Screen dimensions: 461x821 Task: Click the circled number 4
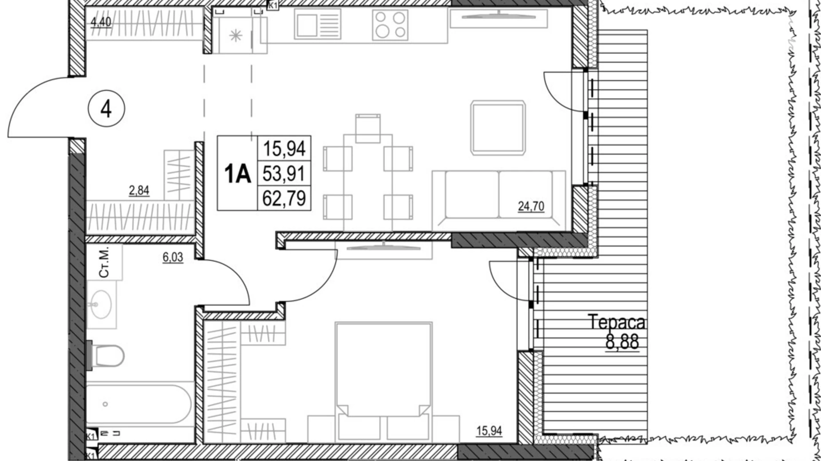(x=106, y=109)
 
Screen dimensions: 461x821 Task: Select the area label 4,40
(x=101, y=22)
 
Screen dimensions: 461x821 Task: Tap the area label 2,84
(x=139, y=191)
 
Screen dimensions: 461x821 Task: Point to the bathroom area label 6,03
(x=173, y=257)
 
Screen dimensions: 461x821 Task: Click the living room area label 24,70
(x=531, y=206)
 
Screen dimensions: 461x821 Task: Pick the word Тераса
(x=616, y=322)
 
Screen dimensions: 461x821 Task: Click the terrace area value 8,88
(x=622, y=342)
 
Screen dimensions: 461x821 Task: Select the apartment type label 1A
(x=237, y=174)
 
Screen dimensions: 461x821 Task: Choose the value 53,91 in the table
(x=284, y=173)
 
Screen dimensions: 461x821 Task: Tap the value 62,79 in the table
(x=284, y=198)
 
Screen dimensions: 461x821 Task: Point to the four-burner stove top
(x=390, y=25)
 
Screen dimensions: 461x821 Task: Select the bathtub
(x=138, y=404)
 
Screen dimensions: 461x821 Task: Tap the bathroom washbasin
(x=101, y=305)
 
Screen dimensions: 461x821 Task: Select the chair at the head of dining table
(x=367, y=128)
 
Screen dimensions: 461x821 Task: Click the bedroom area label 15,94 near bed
(x=489, y=430)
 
